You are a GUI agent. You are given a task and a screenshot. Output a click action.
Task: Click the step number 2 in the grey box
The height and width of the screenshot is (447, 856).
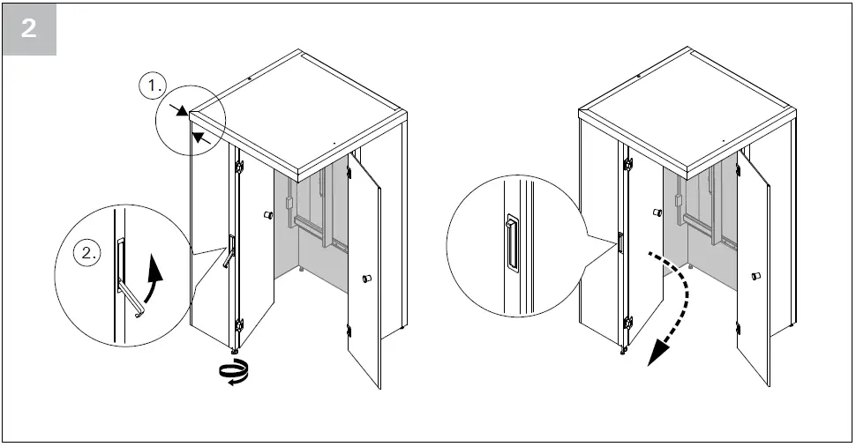(x=29, y=28)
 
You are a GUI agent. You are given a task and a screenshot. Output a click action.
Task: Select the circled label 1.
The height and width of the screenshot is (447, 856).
(x=154, y=87)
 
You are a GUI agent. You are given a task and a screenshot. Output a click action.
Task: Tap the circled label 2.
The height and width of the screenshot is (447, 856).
(x=89, y=253)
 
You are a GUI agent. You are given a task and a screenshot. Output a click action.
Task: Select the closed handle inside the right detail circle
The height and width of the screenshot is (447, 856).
(x=511, y=242)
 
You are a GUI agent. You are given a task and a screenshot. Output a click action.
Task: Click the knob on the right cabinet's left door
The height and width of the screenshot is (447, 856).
(x=657, y=213)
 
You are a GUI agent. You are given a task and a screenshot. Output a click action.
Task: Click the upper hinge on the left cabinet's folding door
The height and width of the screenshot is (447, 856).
(x=238, y=166)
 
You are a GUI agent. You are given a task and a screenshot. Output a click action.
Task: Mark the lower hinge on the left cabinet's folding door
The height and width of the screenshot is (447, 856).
(x=238, y=326)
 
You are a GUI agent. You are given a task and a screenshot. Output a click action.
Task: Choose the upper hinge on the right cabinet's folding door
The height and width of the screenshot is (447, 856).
(x=627, y=164)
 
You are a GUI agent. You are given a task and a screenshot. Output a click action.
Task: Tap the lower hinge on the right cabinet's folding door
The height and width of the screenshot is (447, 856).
(x=627, y=324)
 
